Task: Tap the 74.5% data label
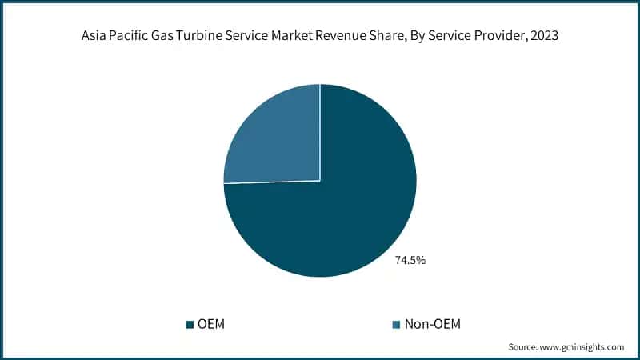[x=410, y=260]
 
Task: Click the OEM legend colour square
[x=190, y=324]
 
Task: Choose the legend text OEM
[x=211, y=324]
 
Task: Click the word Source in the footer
[x=524, y=347]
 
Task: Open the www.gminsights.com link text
[x=584, y=347]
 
